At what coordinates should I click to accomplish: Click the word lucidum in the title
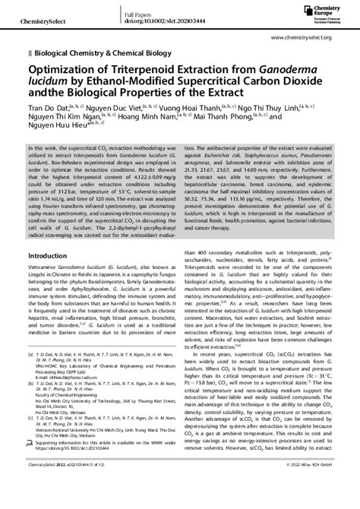click(45, 81)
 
